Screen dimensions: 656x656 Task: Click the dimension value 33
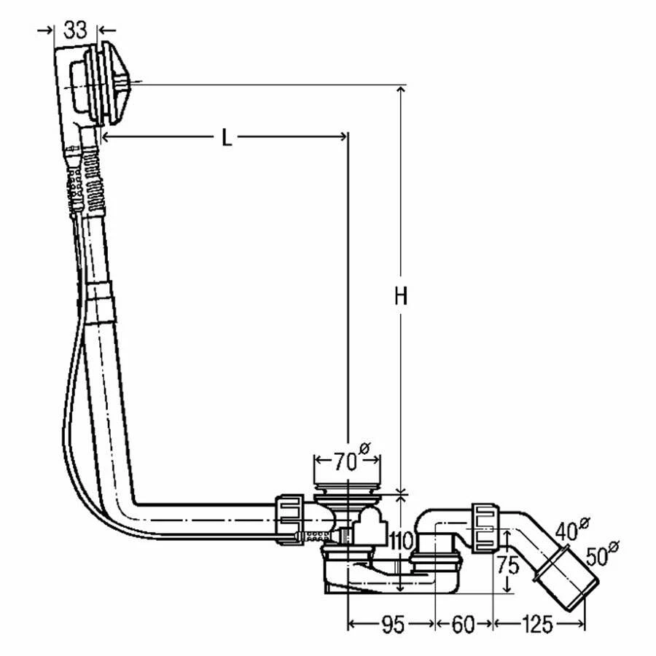click(x=76, y=30)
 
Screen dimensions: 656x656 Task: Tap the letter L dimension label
click(x=227, y=137)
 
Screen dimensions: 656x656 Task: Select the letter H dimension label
click(x=400, y=296)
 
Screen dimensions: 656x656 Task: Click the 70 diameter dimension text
click(x=346, y=461)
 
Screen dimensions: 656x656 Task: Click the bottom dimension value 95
click(x=391, y=625)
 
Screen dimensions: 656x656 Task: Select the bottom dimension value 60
click(x=464, y=625)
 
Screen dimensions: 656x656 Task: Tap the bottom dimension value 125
click(x=537, y=625)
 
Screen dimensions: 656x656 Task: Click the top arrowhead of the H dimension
click(x=399, y=90)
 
